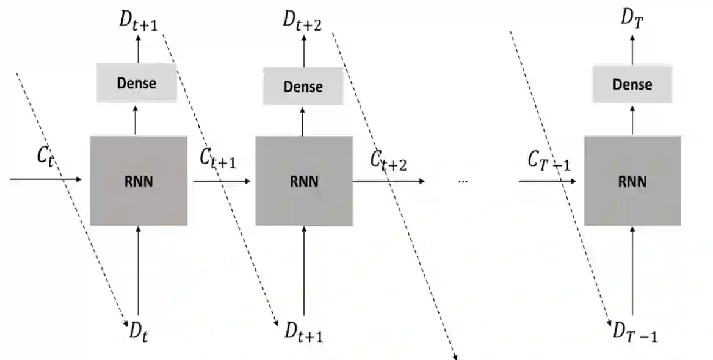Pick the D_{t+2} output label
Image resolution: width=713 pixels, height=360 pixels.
click(302, 19)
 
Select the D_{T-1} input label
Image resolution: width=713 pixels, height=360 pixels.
click(635, 333)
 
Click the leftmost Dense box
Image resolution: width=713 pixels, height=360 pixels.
click(137, 82)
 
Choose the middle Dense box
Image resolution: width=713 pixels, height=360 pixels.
click(303, 86)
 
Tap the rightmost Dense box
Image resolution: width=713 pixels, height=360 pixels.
click(632, 84)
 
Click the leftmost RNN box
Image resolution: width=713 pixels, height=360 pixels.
click(139, 181)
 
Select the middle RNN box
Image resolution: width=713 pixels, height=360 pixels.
click(303, 181)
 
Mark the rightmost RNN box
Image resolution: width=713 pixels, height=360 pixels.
click(632, 181)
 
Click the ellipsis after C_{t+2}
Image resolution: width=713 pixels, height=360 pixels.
click(462, 181)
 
